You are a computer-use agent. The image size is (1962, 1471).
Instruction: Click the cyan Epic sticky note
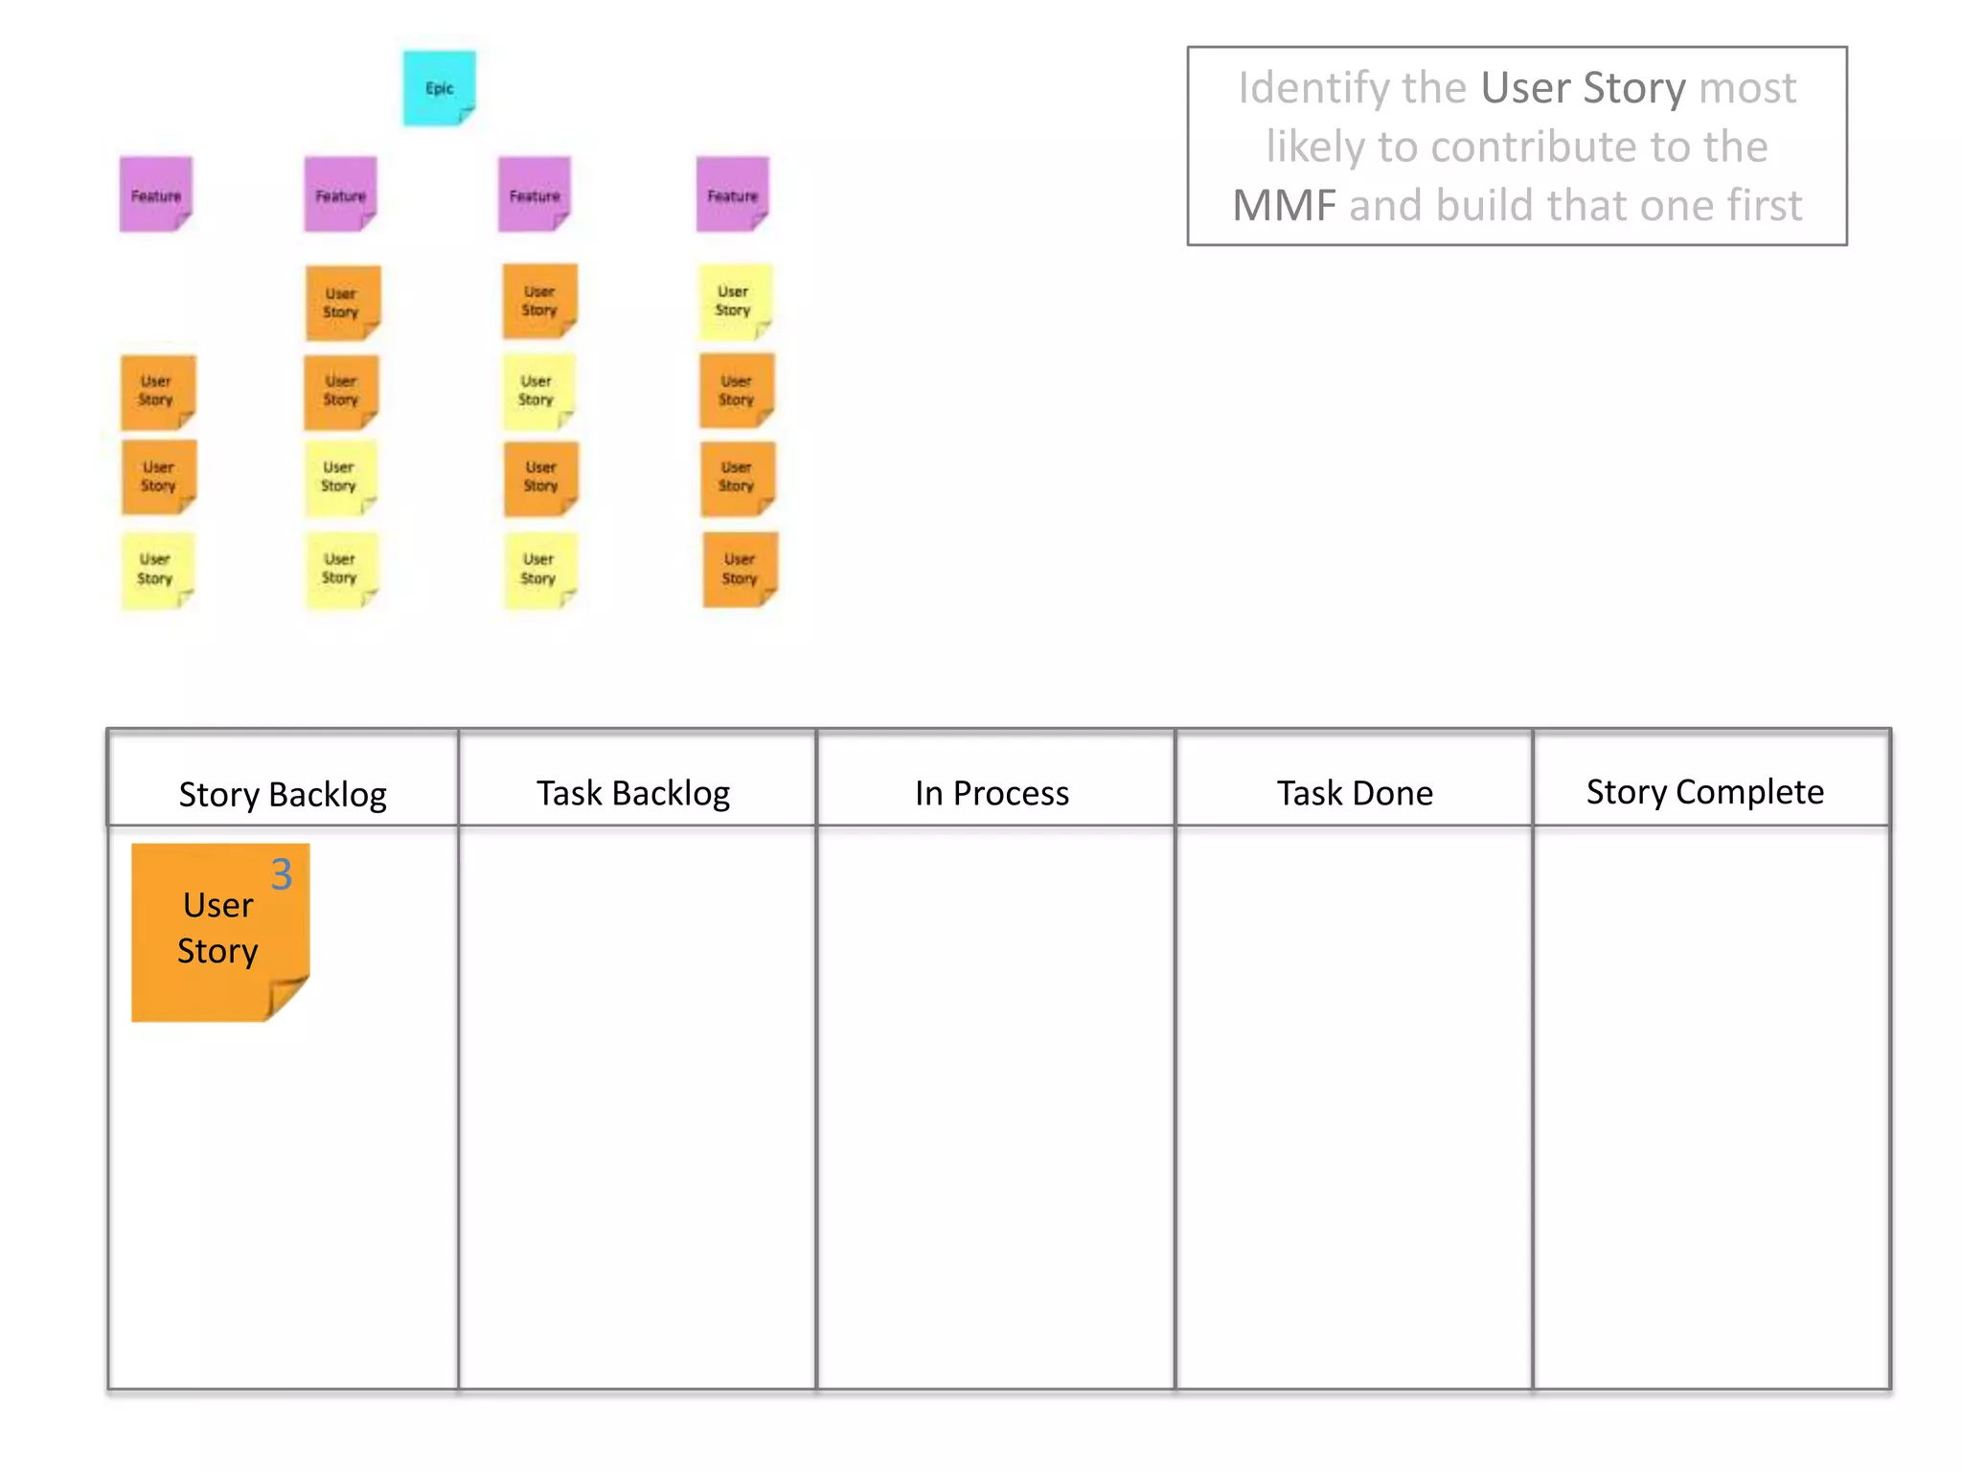439,88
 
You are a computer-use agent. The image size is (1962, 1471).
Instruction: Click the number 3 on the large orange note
282,874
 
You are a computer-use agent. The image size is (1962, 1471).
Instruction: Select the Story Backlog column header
283,794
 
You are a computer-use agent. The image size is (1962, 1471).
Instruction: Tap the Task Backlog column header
633,793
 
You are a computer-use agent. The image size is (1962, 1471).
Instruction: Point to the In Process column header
992,793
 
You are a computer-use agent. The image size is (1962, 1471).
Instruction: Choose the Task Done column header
1355,793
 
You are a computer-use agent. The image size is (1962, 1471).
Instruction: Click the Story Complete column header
1705,792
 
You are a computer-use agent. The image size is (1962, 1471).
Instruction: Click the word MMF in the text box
1284,206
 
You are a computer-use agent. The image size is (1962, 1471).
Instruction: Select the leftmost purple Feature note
156,194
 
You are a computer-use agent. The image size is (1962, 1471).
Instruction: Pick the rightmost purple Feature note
733,194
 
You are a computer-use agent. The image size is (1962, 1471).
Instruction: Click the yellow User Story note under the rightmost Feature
734,301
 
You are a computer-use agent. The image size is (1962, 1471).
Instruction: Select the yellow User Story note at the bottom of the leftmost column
156,570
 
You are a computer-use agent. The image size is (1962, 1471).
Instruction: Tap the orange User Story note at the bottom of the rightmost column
740,570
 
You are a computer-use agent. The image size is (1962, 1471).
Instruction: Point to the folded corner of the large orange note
286,998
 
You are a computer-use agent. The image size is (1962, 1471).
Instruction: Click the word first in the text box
1764,206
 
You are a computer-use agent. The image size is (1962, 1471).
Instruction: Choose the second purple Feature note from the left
341,194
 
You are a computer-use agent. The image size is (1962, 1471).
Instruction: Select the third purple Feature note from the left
535,194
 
